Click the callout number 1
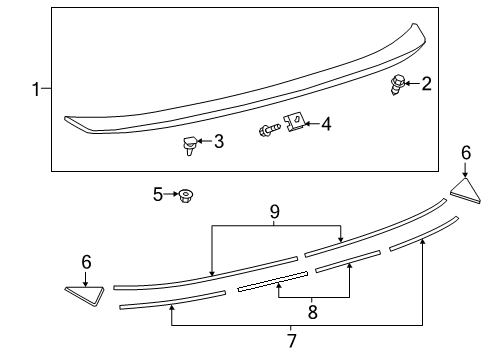pyautogui.click(x=36, y=90)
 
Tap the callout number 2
pyautogui.click(x=426, y=83)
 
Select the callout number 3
pyautogui.click(x=218, y=142)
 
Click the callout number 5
pyautogui.click(x=157, y=194)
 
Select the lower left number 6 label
pyautogui.click(x=86, y=262)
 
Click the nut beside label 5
pyautogui.click(x=185, y=195)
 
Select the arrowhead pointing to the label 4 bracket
pyautogui.click(x=307, y=124)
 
